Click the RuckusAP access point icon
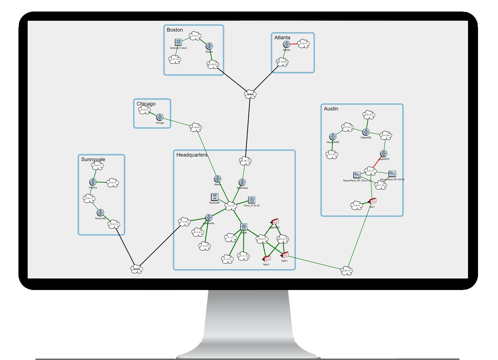click(214, 197)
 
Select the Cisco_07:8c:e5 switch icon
click(252, 200)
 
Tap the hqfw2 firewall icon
click(266, 259)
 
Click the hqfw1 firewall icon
click(285, 255)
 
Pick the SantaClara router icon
click(242, 182)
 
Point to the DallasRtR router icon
click(366, 132)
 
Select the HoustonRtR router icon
click(333, 137)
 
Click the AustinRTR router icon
click(383, 154)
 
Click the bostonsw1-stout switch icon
click(178, 42)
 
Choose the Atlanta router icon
click(286, 45)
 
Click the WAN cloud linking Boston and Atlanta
click(250, 94)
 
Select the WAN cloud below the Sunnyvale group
click(137, 269)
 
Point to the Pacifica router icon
click(93, 182)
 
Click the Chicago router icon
click(160, 117)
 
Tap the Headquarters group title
click(192, 155)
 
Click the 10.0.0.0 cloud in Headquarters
click(231, 206)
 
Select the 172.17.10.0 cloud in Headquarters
click(243, 256)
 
